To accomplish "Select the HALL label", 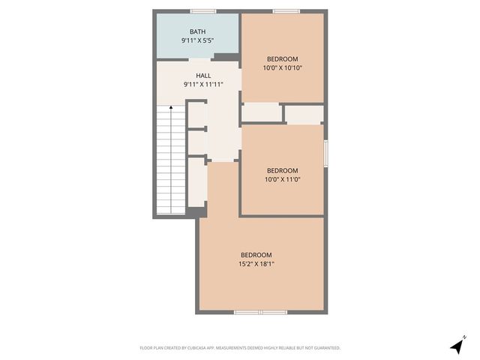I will click(203, 76).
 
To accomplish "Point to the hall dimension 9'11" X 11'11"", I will click(203, 85).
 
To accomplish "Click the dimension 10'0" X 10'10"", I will click(283, 68).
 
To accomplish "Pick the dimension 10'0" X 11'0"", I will click(282, 179).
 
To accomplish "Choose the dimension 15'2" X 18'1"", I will click(256, 263).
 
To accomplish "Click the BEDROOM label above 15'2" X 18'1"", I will click(256, 254).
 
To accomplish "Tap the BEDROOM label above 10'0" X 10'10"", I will click(283, 59).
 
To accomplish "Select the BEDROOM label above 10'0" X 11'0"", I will click(282, 170).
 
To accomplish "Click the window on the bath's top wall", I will click(202, 11).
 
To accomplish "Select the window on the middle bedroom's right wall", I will click(325, 153).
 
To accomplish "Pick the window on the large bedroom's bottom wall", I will click(259, 311).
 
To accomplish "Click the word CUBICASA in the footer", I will click(202, 348).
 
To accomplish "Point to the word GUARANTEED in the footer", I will click(322, 348).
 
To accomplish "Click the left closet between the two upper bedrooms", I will click(262, 113).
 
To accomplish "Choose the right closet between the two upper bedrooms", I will click(304, 115).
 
